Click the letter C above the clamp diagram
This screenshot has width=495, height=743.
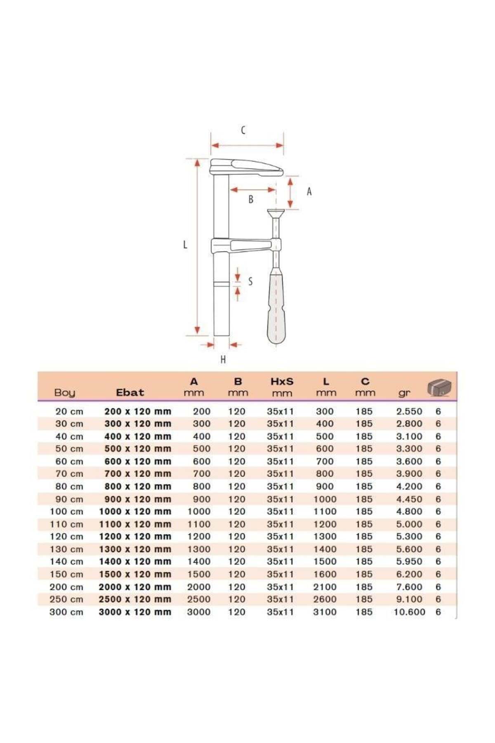243,130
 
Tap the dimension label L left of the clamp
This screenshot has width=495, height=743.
185,244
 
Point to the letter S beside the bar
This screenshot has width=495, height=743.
250,282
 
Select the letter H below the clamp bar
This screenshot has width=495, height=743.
223,360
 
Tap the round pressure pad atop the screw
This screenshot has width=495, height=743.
276,213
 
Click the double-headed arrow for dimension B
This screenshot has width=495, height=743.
252,189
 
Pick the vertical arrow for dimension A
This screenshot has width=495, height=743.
290,192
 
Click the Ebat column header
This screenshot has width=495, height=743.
130,392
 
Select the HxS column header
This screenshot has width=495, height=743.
282,381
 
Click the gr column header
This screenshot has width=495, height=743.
404,393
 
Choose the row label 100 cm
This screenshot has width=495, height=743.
66,511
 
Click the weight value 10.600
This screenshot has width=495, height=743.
409,612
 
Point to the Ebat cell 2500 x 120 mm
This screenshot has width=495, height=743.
135,599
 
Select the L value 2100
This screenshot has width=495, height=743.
325,587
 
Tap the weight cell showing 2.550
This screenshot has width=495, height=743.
409,412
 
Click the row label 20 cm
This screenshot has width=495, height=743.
69,412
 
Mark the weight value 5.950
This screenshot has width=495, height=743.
409,561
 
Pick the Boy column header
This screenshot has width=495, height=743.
65,393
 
